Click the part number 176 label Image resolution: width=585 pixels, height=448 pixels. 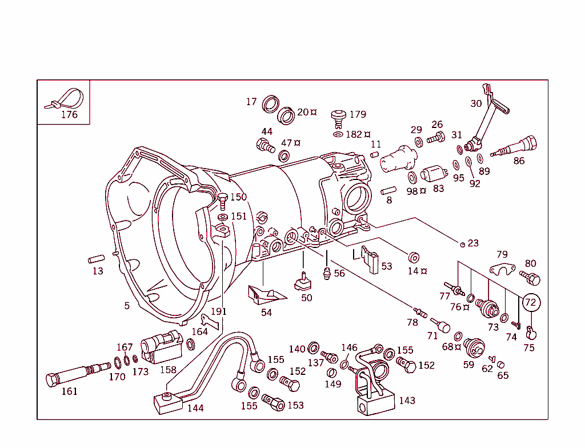69,114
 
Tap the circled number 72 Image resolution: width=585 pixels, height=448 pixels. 530,302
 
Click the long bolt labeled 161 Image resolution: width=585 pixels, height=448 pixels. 74,375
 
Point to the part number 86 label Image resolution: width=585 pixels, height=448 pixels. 519,161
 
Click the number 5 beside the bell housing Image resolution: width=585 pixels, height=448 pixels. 127,306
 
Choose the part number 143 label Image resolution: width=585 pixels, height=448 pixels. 407,401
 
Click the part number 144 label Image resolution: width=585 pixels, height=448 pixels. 195,408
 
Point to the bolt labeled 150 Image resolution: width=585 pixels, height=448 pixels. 222,199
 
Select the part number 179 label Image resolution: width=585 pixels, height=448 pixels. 358,114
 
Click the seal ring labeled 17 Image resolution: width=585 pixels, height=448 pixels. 271,105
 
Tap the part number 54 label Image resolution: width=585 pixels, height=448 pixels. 267,313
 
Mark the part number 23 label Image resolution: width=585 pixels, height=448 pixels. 473,243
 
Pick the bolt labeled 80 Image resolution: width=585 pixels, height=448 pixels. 531,278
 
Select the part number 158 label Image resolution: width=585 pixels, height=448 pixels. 168,370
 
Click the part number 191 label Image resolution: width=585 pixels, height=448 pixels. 218,311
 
